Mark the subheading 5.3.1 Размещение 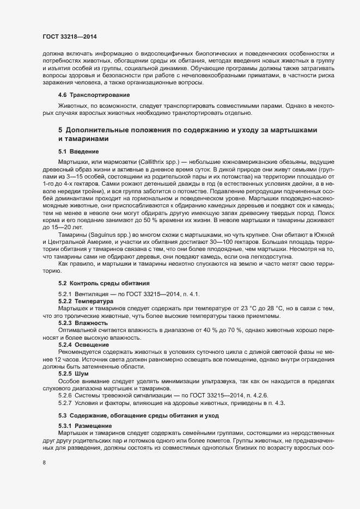click(86, 426)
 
